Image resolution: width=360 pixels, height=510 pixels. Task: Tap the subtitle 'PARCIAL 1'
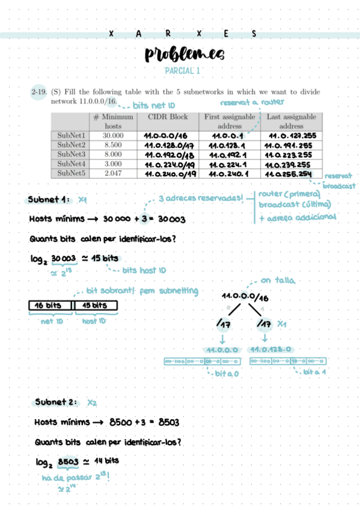(x=183, y=72)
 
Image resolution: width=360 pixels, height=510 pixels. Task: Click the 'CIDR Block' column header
(x=171, y=117)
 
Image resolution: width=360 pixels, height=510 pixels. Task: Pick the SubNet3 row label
(x=72, y=155)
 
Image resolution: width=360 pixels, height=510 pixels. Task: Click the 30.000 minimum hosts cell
(x=113, y=136)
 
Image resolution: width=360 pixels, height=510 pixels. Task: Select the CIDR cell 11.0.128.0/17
(x=169, y=145)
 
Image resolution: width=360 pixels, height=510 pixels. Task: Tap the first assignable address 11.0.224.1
(x=227, y=164)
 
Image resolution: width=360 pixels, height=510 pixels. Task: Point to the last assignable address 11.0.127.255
(x=291, y=136)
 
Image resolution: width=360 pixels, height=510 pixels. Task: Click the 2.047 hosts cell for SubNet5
(x=113, y=173)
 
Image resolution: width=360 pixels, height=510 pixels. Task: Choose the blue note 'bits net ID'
(x=153, y=105)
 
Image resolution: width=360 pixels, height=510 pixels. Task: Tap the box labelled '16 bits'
(x=50, y=306)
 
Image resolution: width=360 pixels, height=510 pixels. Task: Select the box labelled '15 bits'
(x=95, y=306)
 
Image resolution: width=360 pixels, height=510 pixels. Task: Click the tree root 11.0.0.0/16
(x=245, y=297)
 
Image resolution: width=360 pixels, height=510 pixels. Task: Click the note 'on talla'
(x=273, y=281)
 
